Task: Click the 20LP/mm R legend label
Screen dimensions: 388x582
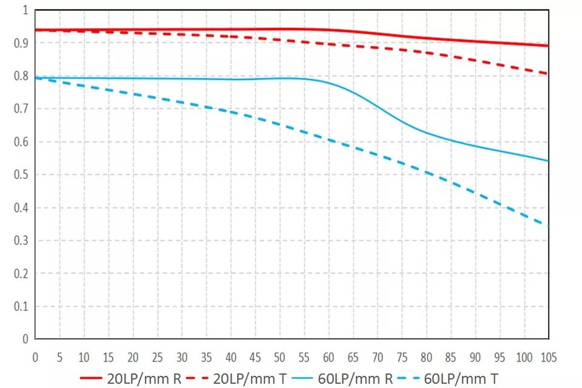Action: [x=144, y=380]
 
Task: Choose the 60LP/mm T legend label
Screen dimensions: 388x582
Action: [x=462, y=380]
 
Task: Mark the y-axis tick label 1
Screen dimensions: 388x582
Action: [x=25, y=10]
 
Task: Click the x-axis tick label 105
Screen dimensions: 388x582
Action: [x=547, y=356]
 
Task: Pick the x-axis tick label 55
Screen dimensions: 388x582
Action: [x=304, y=356]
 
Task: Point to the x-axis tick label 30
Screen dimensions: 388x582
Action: [x=182, y=356]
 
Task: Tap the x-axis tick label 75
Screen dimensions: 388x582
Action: [x=401, y=356]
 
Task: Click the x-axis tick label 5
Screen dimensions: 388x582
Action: [x=59, y=356]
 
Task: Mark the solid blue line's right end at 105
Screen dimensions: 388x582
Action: [x=548, y=161]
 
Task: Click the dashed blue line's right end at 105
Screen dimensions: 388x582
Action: [x=548, y=227]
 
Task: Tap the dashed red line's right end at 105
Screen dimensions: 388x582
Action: [x=548, y=73]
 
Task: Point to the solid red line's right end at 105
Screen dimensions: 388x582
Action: [x=548, y=45]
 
